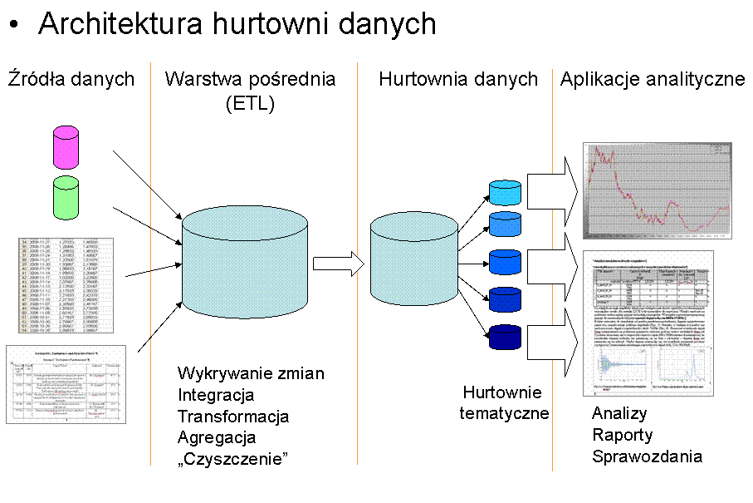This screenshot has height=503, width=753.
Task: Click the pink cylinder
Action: pyautogui.click(x=66, y=147)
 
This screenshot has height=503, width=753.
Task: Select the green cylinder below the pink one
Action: pyautogui.click(x=66, y=198)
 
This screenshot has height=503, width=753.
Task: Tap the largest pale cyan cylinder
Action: pyautogui.click(x=244, y=262)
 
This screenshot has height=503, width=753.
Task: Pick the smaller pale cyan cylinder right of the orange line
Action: pyautogui.click(x=413, y=259)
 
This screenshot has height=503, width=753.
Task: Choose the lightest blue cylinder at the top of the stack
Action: pyautogui.click(x=505, y=193)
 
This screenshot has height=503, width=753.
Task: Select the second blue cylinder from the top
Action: pyautogui.click(x=505, y=224)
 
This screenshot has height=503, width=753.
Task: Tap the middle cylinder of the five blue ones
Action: pyautogui.click(x=505, y=263)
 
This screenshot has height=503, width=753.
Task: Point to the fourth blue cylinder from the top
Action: pyautogui.click(x=505, y=300)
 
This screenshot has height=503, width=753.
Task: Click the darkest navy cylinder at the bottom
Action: pyautogui.click(x=505, y=337)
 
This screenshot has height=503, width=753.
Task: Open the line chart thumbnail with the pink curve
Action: pyautogui.click(x=657, y=191)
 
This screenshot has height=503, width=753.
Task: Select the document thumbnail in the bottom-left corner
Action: pyautogui.click(x=66, y=384)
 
